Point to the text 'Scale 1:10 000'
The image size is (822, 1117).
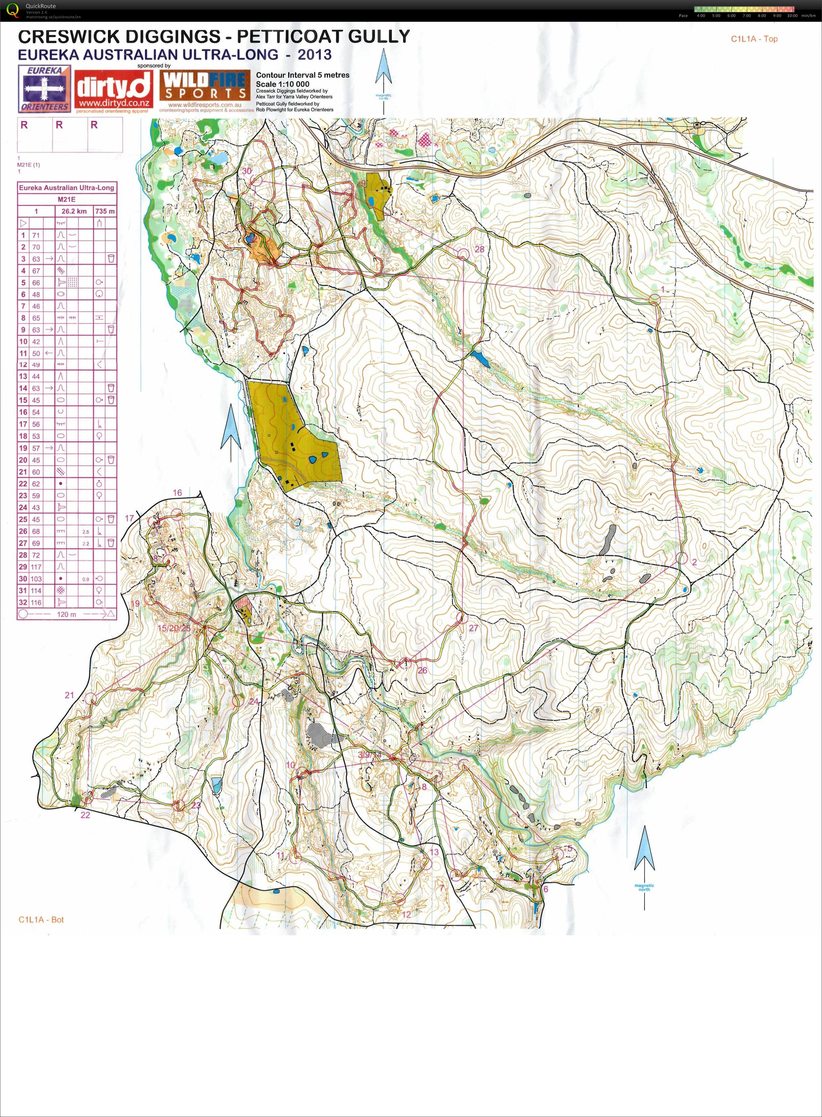pyautogui.click(x=282, y=84)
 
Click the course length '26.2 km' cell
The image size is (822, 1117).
pyautogui.click(x=75, y=211)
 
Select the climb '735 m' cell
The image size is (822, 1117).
pyautogui.click(x=105, y=211)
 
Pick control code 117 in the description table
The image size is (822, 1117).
pyautogui.click(x=36, y=567)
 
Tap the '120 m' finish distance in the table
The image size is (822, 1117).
pyautogui.click(x=66, y=614)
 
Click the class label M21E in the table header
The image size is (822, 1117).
pyautogui.click(x=67, y=199)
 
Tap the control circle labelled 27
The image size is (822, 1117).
pyautogui.click(x=461, y=618)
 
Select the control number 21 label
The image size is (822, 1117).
pyautogui.click(x=69, y=695)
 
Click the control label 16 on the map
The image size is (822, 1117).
pyautogui.click(x=177, y=493)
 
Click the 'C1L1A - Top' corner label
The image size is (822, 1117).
pyautogui.click(x=754, y=39)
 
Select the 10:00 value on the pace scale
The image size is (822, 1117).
pyautogui.click(x=792, y=16)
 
